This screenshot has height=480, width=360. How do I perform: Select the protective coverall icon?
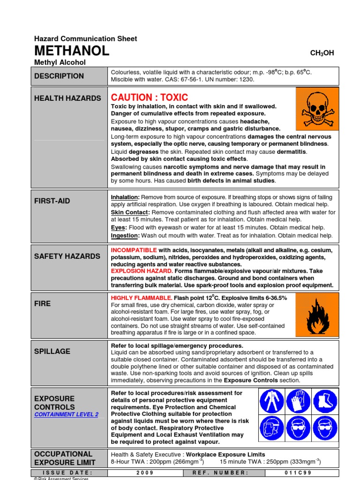[x=272, y=401]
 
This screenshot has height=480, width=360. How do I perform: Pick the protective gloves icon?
[x=298, y=401]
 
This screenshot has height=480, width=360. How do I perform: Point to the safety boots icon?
[x=325, y=401]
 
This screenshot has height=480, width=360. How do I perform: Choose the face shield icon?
[x=272, y=428]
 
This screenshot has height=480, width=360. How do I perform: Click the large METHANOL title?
[x=72, y=51]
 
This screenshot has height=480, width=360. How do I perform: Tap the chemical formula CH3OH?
[x=322, y=53]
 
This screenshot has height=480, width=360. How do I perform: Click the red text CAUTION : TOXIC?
[x=149, y=97]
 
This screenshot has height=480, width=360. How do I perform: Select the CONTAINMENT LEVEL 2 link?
[x=67, y=414]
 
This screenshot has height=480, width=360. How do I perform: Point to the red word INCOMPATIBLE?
[x=134, y=250]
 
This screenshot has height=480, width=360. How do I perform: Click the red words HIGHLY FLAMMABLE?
[x=141, y=298]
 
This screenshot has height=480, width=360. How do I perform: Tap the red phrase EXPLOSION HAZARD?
[x=142, y=271]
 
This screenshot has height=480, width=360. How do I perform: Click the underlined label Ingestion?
[x=125, y=235]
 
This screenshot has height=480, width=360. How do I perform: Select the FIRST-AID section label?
[x=52, y=201]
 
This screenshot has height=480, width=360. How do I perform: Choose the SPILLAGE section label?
[x=52, y=351]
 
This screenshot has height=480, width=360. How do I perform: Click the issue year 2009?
[x=145, y=473]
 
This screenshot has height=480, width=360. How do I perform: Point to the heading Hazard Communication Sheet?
[x=86, y=39]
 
